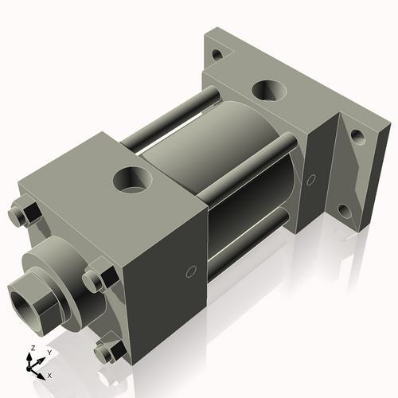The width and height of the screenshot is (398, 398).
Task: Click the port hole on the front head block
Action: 130,178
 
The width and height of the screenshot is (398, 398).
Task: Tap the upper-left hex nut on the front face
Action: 26,216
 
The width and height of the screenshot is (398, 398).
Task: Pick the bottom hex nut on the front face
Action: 106,350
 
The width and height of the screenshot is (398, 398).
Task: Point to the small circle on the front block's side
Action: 190,271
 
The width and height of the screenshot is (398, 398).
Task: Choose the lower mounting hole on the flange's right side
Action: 344,211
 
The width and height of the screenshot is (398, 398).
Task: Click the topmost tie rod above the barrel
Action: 171,119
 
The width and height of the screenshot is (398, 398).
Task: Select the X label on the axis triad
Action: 49,374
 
